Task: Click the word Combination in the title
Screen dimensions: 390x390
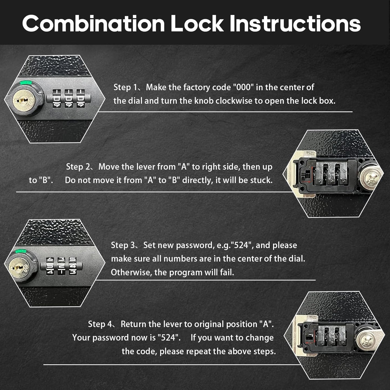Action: click(93, 24)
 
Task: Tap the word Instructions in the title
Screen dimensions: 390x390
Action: click(295, 24)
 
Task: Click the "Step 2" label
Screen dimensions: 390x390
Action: click(78, 167)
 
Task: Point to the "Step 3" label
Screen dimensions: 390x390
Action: click(123, 245)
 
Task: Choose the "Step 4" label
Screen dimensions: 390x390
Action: click(100, 324)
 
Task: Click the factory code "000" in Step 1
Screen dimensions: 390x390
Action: click(243, 87)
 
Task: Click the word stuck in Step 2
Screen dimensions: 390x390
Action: click(261, 180)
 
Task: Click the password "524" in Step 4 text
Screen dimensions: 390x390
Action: click(169, 338)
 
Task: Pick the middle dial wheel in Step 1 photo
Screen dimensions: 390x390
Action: click(69, 99)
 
